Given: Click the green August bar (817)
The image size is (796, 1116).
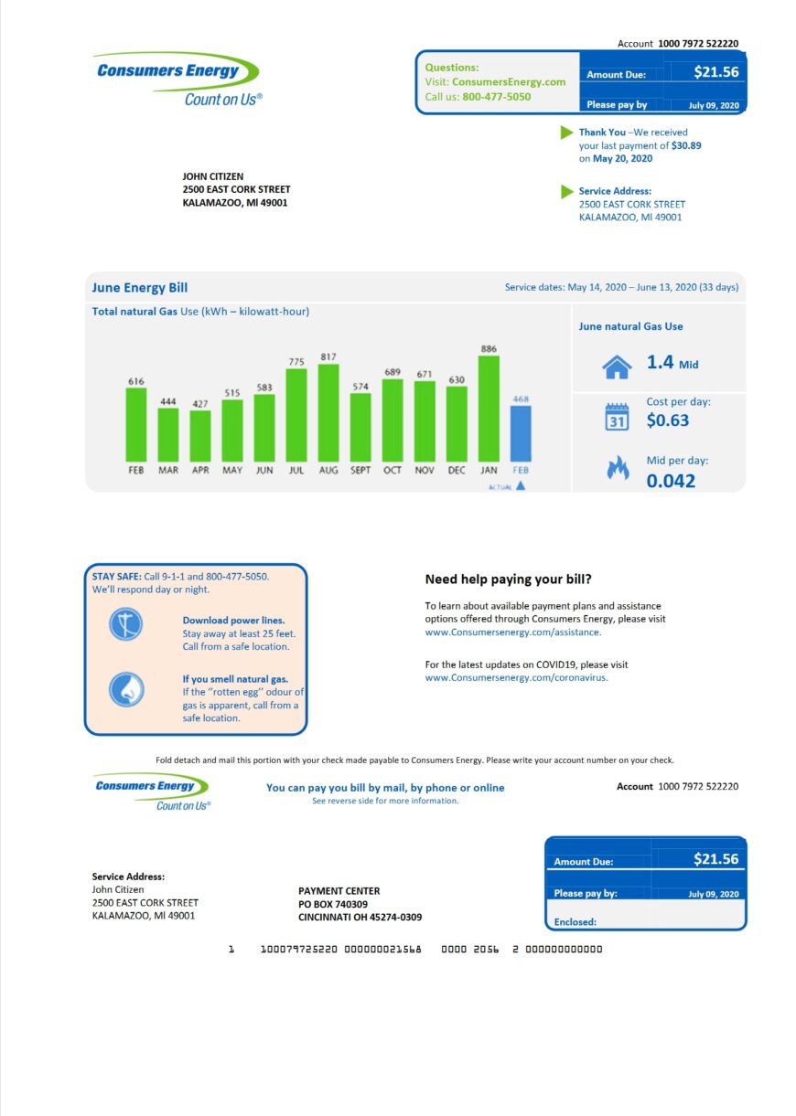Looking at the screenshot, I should (x=328, y=412).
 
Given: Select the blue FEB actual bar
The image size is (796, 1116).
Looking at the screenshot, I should (x=520, y=433).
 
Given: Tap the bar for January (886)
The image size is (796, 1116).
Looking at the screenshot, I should (x=489, y=409).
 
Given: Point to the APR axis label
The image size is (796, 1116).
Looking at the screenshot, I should (x=200, y=470).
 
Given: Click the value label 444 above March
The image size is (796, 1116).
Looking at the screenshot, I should (x=168, y=400).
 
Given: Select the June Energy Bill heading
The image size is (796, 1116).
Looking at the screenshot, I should (x=140, y=288).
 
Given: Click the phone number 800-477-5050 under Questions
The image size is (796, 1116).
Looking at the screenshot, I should (x=496, y=96).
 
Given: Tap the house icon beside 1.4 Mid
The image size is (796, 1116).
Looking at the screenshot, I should (x=617, y=366).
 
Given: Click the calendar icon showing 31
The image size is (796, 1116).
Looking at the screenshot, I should (x=617, y=418).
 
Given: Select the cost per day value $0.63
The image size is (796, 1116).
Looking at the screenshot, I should (x=668, y=420).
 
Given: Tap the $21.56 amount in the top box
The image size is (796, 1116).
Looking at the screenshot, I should (x=715, y=72).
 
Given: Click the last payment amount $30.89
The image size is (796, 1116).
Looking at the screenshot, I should (x=686, y=145).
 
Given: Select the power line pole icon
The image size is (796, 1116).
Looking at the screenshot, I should (x=126, y=624).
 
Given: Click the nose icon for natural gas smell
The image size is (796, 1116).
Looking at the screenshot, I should (x=126, y=689).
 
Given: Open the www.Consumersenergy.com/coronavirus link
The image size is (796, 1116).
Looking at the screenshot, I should (x=516, y=677).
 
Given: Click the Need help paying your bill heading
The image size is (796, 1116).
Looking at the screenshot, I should (x=508, y=579).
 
